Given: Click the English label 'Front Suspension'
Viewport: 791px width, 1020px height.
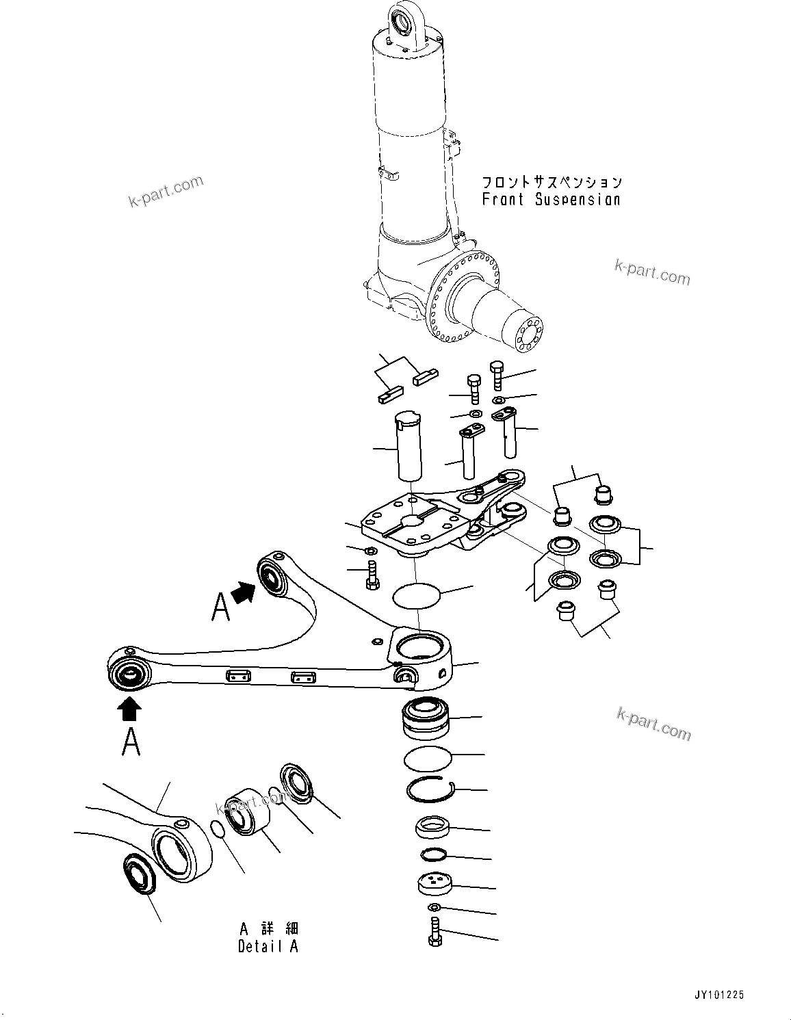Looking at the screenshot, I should point(551,200).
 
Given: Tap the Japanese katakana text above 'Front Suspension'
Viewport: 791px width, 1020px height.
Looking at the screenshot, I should point(552,182).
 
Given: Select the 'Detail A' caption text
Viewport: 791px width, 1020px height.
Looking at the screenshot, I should point(268,947).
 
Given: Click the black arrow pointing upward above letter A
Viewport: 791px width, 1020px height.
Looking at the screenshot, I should point(130,709).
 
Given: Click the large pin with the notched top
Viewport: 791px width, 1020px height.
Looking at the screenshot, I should point(408,445).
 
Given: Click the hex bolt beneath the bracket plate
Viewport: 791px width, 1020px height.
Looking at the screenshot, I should point(372,573).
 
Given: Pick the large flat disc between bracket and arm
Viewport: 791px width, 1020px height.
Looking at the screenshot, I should point(417,594).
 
